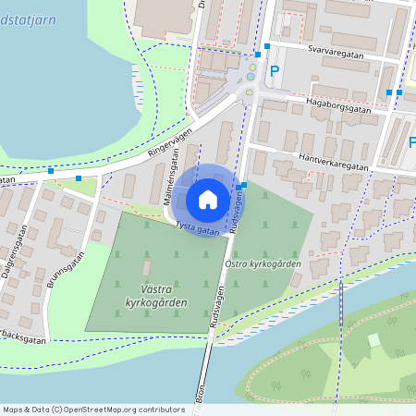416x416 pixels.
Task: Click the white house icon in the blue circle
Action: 208,200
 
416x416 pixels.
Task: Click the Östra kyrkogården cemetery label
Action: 263,263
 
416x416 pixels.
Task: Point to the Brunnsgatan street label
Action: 67,265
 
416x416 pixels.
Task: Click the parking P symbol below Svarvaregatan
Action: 274,70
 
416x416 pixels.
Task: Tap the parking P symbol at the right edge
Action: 411,142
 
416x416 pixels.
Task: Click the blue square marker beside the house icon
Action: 239,188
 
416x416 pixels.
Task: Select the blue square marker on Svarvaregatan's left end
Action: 267,45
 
